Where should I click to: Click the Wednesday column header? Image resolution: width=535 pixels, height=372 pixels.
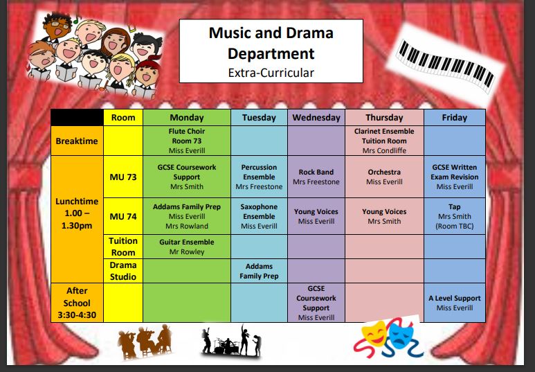(x=316, y=118)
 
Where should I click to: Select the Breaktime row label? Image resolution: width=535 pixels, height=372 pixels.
(x=77, y=141)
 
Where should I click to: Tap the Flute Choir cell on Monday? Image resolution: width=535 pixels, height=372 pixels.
(x=187, y=141)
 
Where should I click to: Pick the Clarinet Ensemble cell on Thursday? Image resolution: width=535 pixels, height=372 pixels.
(x=384, y=141)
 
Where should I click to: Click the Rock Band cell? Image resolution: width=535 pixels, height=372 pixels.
(x=316, y=177)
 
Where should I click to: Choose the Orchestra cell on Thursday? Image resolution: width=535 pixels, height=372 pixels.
(x=384, y=177)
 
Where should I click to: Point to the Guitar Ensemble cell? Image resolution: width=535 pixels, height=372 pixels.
(x=187, y=247)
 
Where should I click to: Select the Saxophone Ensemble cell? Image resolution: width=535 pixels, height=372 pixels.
(x=259, y=216)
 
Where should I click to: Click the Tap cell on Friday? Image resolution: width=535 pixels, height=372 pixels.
(x=455, y=216)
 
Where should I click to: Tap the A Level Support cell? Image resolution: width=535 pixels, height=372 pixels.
(x=455, y=303)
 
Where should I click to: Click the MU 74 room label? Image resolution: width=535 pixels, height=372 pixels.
(x=123, y=216)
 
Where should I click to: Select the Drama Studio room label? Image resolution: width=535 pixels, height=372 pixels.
(x=123, y=271)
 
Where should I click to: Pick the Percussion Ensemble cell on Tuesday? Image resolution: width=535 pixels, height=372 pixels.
(x=259, y=177)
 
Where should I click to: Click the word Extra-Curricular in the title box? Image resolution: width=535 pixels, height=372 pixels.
(x=271, y=73)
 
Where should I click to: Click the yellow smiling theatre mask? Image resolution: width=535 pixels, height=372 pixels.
(x=374, y=333)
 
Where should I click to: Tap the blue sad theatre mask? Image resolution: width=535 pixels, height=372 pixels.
(x=401, y=335)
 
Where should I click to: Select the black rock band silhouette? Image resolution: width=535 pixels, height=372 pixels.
(x=231, y=342)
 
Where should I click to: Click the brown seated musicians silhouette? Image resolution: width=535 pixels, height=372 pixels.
(x=145, y=341)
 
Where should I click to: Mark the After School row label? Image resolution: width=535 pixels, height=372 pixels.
(x=77, y=303)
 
